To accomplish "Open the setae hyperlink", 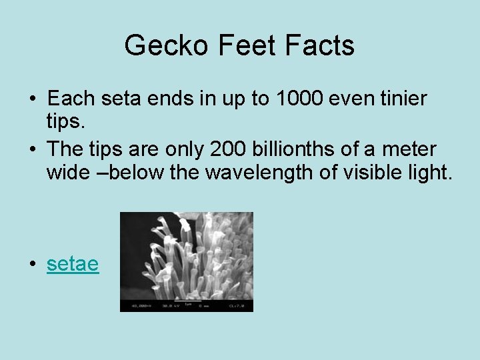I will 73,264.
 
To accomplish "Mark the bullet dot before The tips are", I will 33,148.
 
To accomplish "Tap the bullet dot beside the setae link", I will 33,265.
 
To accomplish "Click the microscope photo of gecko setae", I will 186,261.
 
